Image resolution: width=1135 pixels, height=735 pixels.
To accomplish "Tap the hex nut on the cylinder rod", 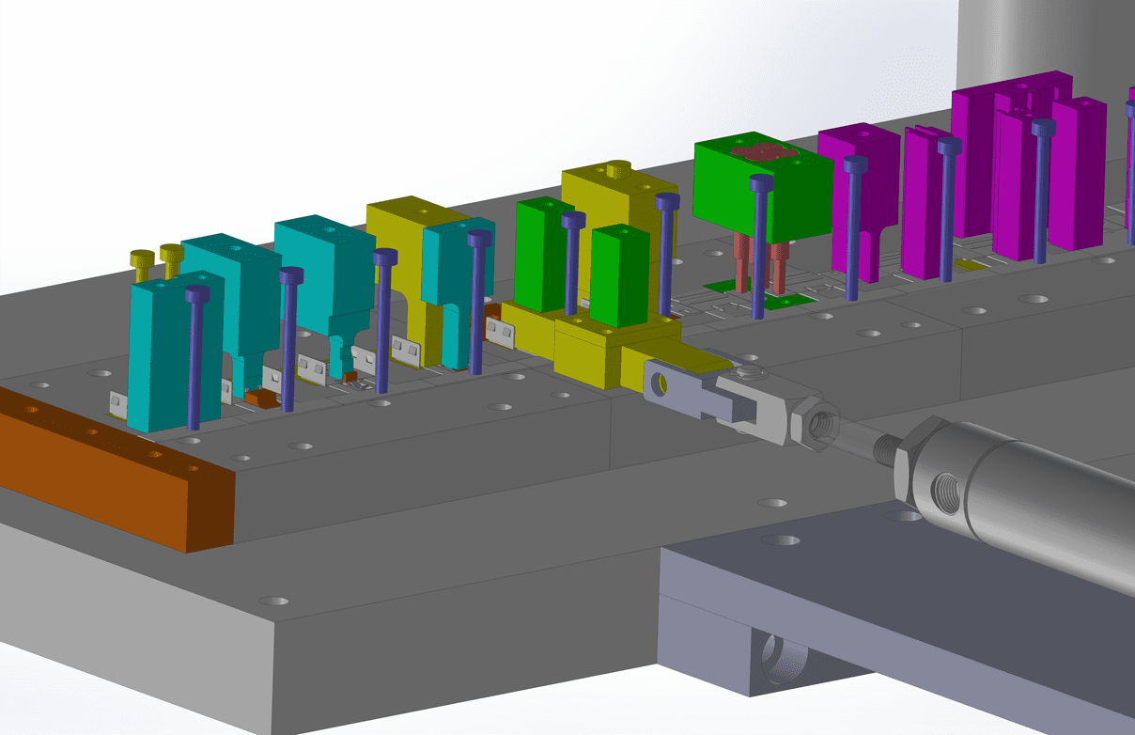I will pyautogui.click(x=814, y=422).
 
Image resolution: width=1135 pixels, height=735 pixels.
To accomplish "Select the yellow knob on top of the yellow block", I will pyautogui.click(x=616, y=169).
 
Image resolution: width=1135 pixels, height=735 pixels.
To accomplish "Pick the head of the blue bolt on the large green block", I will pyautogui.click(x=762, y=183).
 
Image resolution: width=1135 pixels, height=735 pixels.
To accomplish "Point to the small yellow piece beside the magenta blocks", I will pyautogui.click(x=973, y=267).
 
